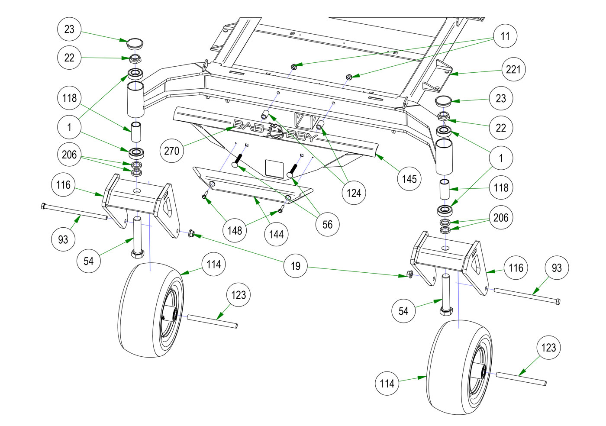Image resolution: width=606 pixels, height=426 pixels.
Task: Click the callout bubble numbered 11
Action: [505, 36]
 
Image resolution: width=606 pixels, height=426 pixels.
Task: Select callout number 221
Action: [513, 69]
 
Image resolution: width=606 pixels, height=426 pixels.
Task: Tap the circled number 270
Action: [171, 151]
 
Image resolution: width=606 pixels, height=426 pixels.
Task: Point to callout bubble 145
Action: [409, 179]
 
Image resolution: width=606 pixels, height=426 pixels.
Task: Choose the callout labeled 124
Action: [354, 193]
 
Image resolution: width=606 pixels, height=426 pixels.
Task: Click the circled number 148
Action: [235, 230]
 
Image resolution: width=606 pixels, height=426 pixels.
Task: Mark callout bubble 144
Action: [276, 235]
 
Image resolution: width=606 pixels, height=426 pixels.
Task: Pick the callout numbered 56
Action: [328, 224]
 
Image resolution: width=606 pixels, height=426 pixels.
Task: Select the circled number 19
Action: [296, 266]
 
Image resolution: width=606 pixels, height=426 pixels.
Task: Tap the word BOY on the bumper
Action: [302, 136]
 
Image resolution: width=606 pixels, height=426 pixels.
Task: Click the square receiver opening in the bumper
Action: [303, 120]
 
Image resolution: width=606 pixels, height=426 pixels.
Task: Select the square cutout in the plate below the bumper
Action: [274, 168]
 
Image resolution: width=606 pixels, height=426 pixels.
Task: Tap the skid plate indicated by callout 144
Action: [251, 186]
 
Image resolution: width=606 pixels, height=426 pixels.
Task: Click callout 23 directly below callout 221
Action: [501, 98]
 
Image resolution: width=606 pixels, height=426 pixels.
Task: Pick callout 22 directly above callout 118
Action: [69, 58]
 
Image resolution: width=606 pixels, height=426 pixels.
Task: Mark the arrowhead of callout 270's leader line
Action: [232, 128]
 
